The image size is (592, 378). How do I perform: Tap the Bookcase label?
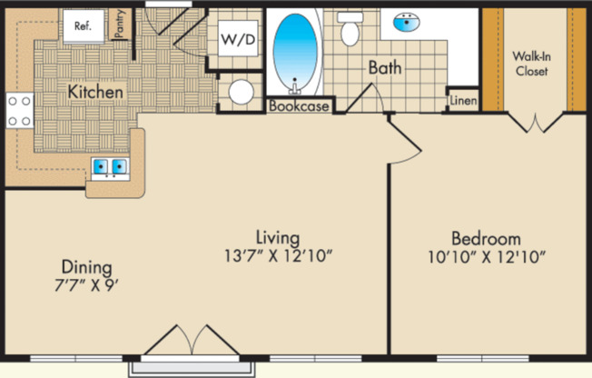[297, 105]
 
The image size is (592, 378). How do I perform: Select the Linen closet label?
[463, 100]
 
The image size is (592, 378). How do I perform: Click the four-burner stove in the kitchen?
[19, 111]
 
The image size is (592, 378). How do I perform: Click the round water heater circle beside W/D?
[241, 92]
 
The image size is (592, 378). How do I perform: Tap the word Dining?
[86, 268]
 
